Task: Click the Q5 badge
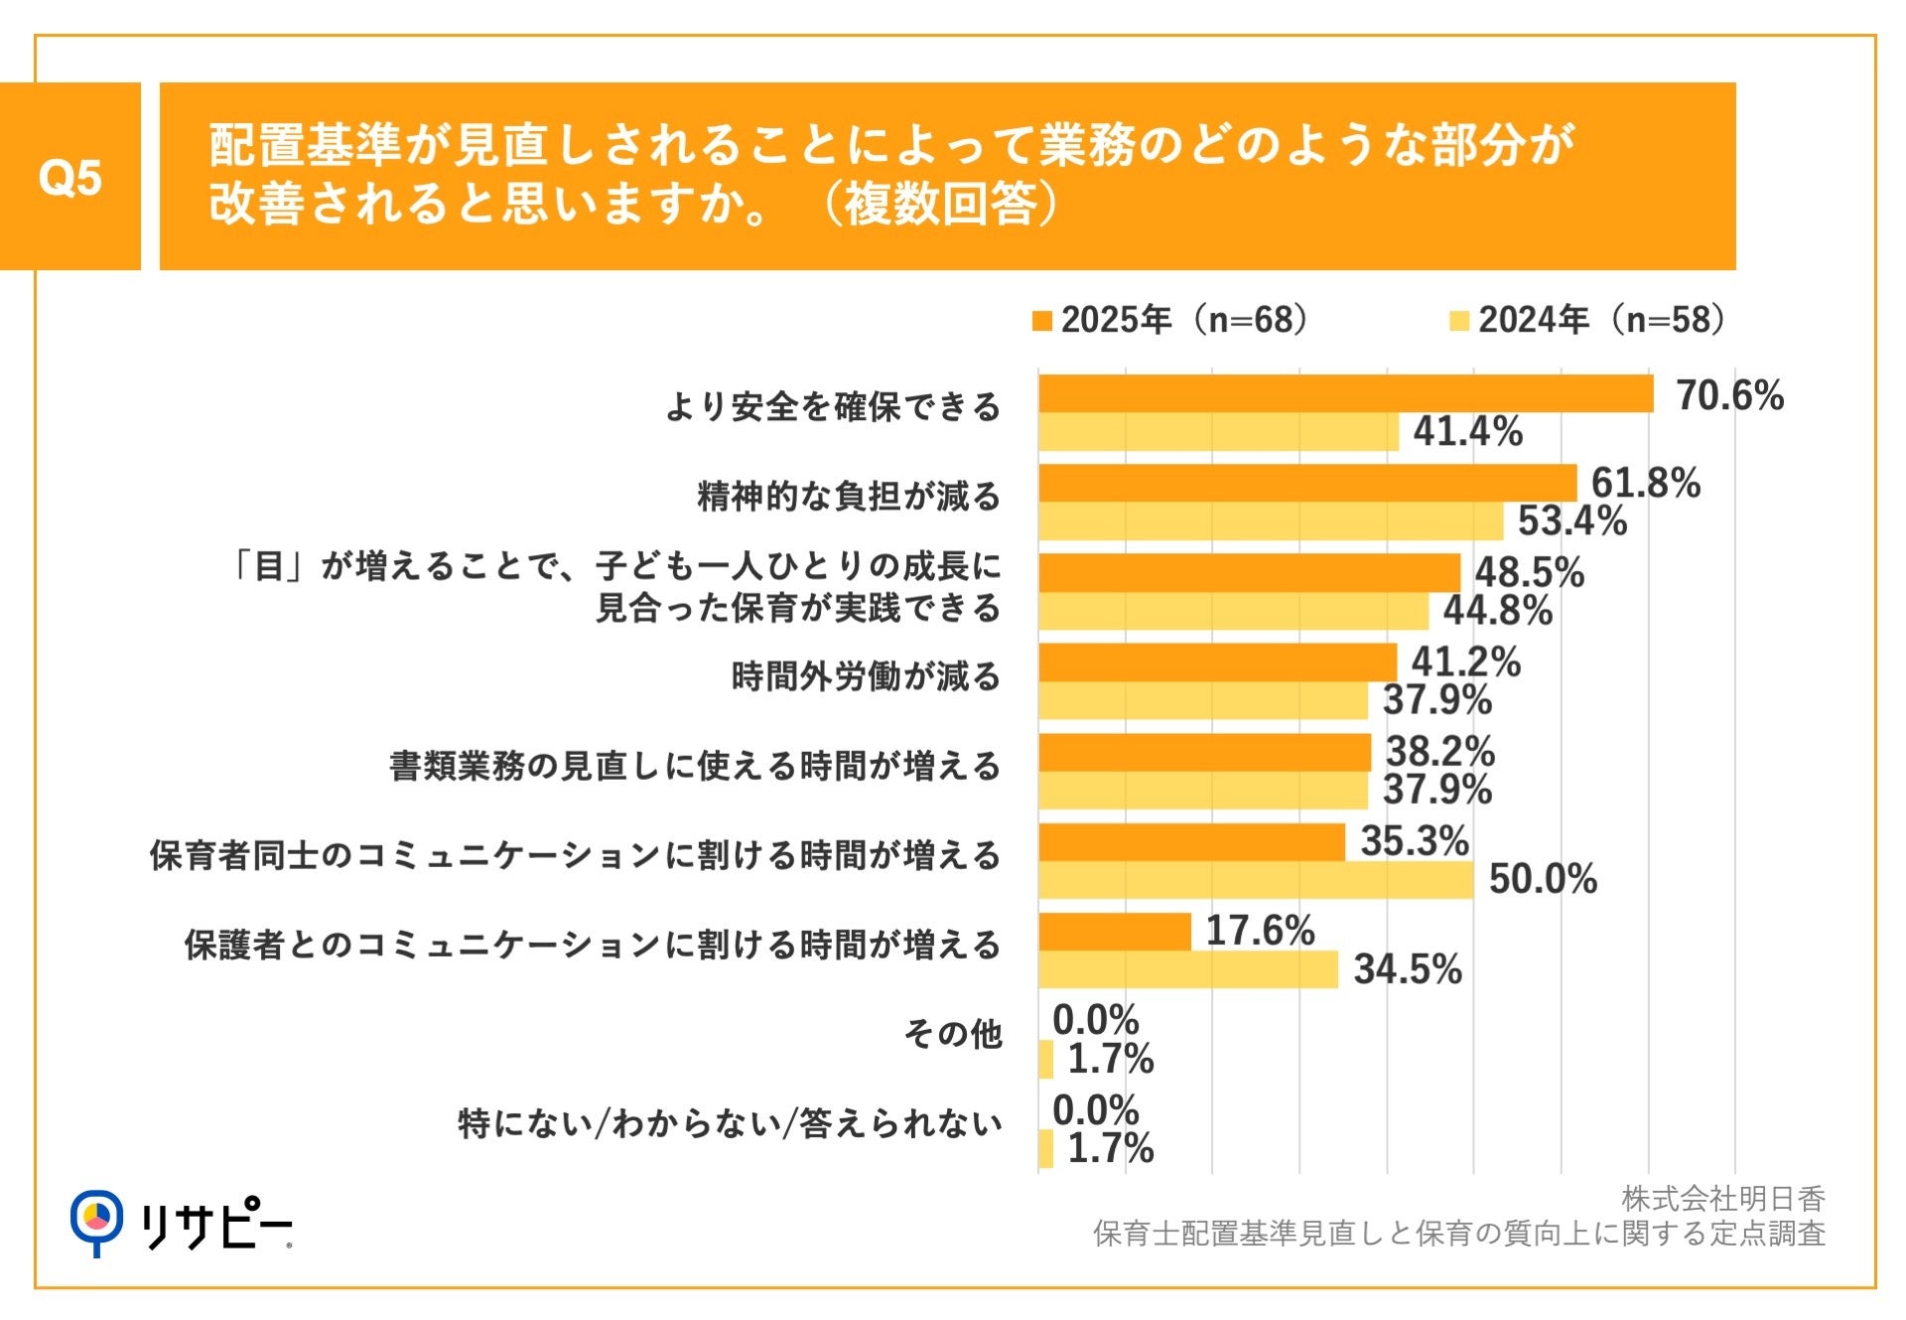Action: click(69, 177)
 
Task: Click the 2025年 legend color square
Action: click(1041, 321)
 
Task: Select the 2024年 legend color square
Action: click(1458, 321)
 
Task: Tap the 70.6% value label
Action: click(1729, 395)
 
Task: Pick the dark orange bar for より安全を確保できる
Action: click(1345, 393)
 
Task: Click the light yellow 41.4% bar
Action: click(1218, 432)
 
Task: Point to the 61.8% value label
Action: click(1645, 484)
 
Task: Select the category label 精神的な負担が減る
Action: click(849, 496)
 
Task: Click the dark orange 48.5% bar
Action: click(1249, 573)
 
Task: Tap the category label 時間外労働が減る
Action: click(866, 676)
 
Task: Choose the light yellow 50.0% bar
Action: click(1256, 880)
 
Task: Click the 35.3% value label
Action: click(1414, 841)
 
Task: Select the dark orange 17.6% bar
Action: click(1114, 932)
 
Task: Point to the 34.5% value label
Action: click(1408, 969)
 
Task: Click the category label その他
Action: click(952, 1034)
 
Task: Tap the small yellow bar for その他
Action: click(1045, 1060)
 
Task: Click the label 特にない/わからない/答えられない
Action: click(730, 1123)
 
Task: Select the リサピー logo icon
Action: click(96, 1220)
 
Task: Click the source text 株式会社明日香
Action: click(1722, 1199)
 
